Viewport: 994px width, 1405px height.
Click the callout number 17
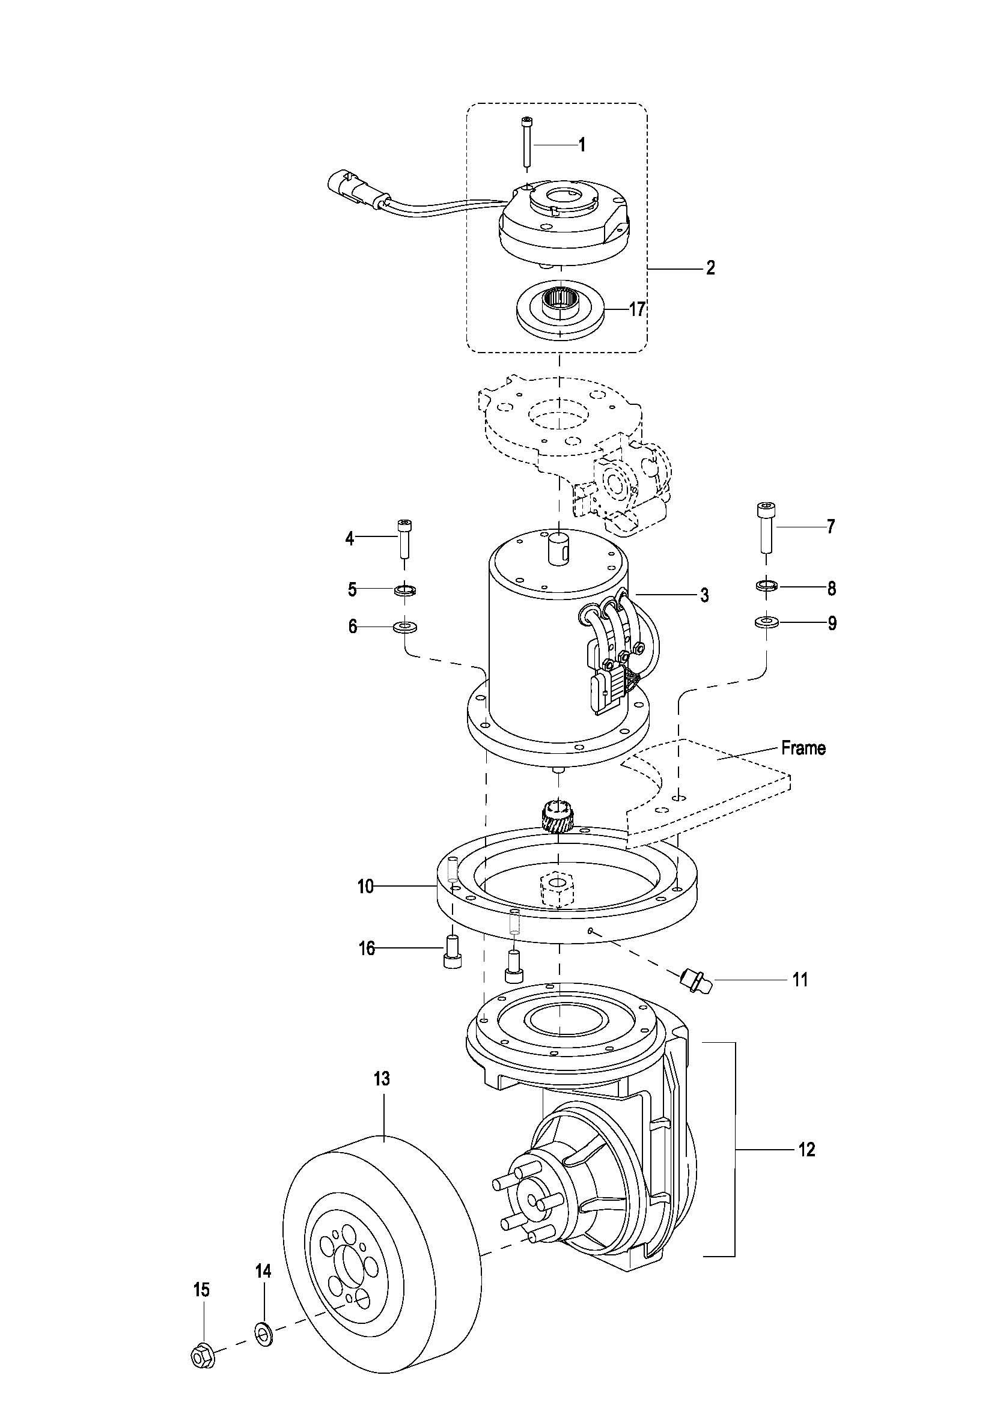click(637, 309)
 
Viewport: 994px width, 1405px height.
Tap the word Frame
click(803, 748)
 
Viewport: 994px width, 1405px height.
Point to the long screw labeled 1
click(526, 141)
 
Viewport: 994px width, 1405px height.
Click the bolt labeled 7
click(765, 527)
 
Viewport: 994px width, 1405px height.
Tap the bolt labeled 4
click(404, 538)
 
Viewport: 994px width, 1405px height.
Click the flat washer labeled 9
click(765, 623)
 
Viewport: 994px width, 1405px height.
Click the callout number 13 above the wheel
click(382, 1078)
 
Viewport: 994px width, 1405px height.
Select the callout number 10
click(365, 886)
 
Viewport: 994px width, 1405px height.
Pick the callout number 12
click(807, 1150)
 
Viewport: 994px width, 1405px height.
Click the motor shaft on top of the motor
click(558, 545)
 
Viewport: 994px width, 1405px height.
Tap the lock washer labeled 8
click(766, 586)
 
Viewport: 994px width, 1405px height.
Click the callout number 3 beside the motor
click(704, 594)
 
